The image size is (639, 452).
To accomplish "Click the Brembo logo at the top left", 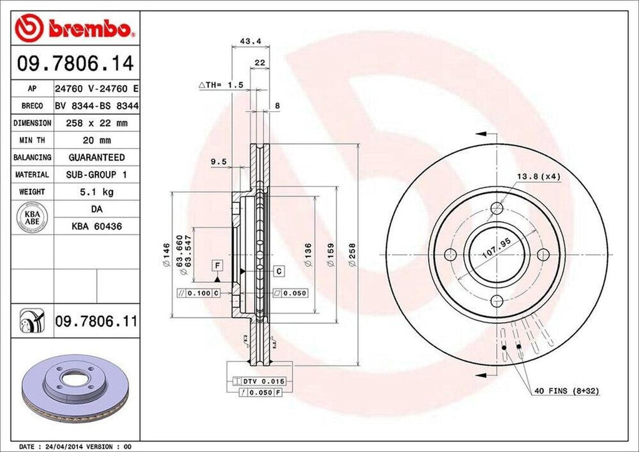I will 74,29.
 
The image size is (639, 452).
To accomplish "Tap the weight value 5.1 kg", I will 96,192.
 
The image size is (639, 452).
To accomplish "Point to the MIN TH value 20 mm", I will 96,140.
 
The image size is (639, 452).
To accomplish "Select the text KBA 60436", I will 96,227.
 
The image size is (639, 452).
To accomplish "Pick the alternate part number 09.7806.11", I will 96,322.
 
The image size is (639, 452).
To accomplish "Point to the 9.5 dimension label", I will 218,162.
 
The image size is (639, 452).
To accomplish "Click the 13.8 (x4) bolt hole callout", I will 538,177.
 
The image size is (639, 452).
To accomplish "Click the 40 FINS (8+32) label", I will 566,391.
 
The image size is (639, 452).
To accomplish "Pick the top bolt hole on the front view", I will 497,209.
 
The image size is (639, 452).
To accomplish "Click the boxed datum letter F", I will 217,265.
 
